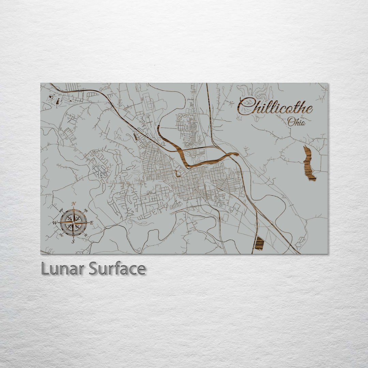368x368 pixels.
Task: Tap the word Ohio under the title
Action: point(296,121)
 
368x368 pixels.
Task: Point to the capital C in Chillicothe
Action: point(244,106)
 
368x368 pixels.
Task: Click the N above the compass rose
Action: point(74,204)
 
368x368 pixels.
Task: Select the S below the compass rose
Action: point(73,241)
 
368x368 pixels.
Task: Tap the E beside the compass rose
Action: point(91,223)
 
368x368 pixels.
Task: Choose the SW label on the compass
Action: point(61,235)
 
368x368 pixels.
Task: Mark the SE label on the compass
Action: point(86,235)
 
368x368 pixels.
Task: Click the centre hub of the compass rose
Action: point(73,223)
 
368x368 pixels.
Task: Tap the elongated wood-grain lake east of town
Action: point(309,164)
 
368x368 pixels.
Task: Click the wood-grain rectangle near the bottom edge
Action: point(260,243)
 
